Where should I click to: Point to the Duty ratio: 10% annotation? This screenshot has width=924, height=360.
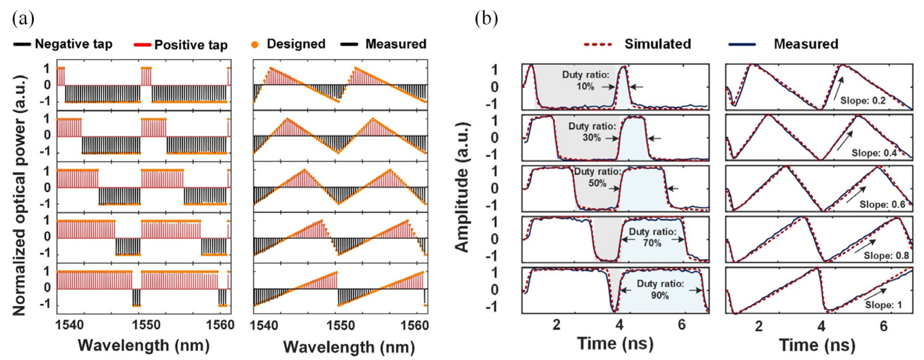coord(585,80)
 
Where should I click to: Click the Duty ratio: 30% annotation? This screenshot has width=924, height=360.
coord(592,132)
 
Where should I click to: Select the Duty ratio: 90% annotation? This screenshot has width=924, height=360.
coord(660,289)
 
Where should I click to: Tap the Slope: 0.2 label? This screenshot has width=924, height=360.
coord(863,100)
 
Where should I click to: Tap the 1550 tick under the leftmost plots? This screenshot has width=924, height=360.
coord(143,325)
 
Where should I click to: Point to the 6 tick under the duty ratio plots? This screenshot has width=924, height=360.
coord(682,325)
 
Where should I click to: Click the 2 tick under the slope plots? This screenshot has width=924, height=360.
coord(758,326)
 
